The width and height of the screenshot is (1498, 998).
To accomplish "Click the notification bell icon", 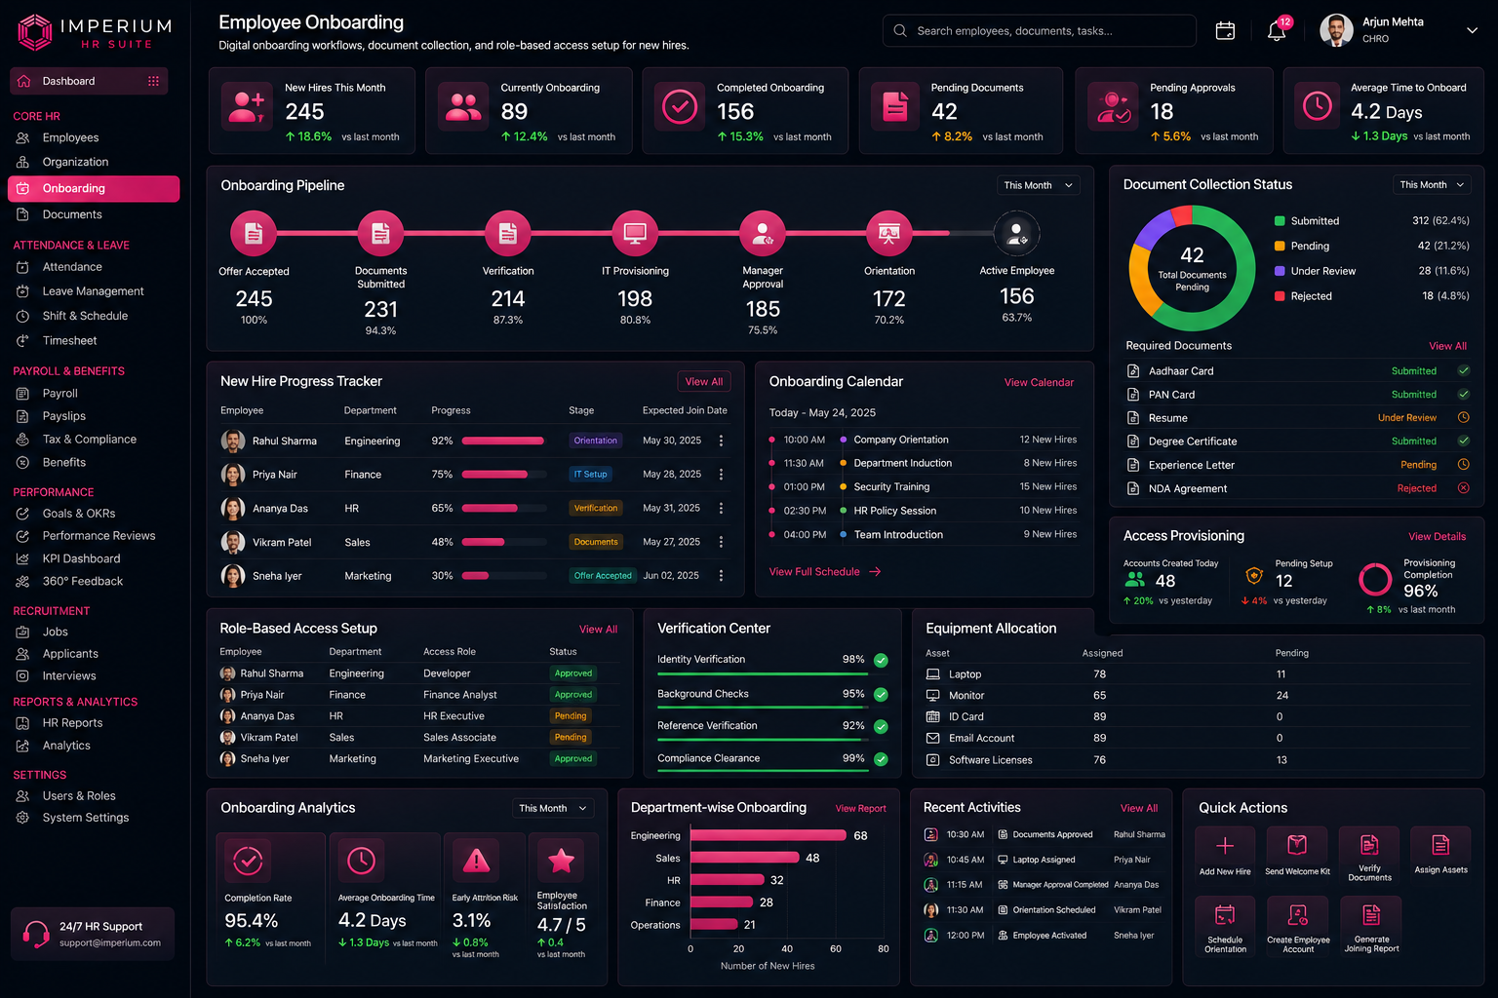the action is (1276, 31).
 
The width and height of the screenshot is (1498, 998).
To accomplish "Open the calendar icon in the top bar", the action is (1225, 31).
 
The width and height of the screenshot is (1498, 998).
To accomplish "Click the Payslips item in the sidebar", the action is (64, 416).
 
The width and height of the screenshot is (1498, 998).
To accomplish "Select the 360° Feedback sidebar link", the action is (83, 581).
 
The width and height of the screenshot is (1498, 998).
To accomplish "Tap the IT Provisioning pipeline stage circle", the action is (635, 233).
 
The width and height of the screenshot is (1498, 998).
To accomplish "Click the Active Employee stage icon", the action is (1016, 233).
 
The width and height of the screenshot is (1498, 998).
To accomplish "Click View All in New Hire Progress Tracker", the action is (703, 382).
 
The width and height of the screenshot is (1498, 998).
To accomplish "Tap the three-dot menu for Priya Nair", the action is (721, 474).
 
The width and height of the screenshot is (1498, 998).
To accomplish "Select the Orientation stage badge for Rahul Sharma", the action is (595, 441).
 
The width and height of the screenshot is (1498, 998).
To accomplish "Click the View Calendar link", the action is (1039, 382).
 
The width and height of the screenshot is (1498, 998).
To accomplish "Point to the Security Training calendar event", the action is (891, 486).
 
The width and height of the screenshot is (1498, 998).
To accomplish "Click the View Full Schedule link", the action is (824, 571).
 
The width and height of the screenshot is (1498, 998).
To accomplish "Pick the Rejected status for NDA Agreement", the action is (1416, 488).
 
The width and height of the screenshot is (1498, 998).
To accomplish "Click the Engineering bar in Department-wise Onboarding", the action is (768, 835).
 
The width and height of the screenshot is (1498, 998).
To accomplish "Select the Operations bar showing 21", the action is (714, 925).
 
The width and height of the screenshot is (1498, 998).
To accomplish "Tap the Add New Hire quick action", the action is (1225, 853).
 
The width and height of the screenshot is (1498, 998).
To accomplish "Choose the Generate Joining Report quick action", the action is (1371, 927).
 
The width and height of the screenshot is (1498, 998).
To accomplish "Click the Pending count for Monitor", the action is (1282, 695).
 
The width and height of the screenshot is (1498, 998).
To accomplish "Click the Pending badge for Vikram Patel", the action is (571, 738).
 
